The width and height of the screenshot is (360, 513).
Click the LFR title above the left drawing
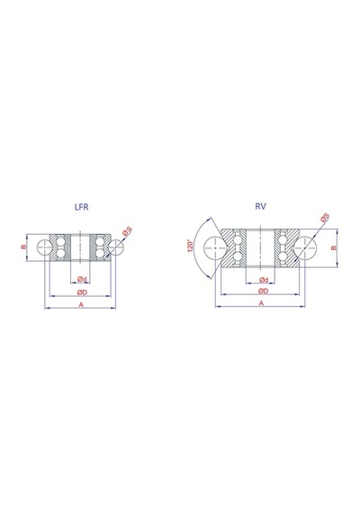click(82, 207)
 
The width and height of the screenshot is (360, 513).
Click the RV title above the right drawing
click(260, 206)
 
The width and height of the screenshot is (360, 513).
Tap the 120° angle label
click(190, 246)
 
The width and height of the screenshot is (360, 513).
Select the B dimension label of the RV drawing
click(334, 247)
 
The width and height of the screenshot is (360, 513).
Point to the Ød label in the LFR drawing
click(82, 279)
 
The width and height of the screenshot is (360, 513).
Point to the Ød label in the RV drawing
click(264, 280)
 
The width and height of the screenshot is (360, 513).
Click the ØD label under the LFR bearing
click(82, 292)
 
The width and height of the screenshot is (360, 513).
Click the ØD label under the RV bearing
click(263, 291)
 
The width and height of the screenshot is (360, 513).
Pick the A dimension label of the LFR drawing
click(82, 304)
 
